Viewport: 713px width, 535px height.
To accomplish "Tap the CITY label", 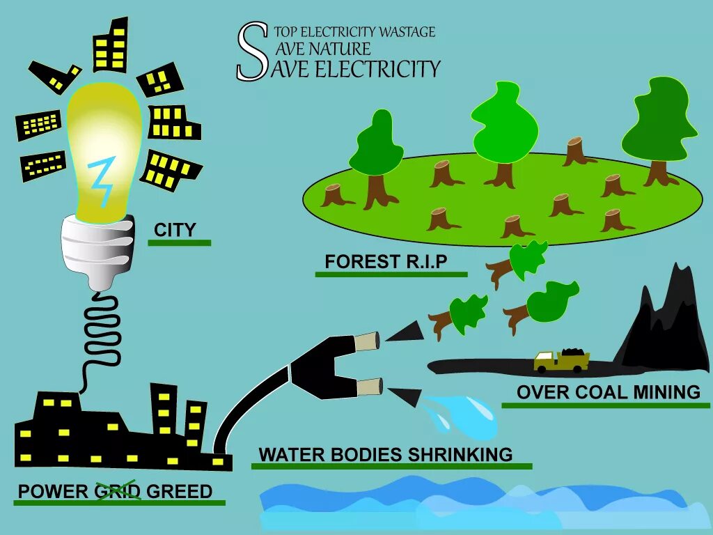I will click(x=175, y=230).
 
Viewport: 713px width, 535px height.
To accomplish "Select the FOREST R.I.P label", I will click(x=385, y=262).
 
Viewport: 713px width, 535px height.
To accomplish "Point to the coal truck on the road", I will click(x=561, y=359).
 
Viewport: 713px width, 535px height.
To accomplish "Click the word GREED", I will click(x=179, y=491).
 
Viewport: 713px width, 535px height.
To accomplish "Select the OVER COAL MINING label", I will click(x=608, y=392).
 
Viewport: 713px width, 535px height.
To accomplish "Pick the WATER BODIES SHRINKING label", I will click(x=385, y=455).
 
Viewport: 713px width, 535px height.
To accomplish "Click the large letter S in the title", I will click(x=251, y=52).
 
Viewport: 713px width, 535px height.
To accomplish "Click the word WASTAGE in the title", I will click(x=407, y=32).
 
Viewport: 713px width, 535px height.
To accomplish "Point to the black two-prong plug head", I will click(x=327, y=366).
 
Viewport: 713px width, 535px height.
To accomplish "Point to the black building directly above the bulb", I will click(x=111, y=45).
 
